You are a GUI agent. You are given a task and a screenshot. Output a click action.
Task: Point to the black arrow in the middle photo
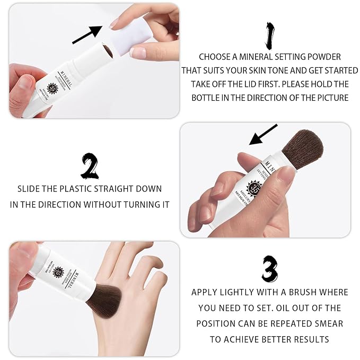click(263, 135)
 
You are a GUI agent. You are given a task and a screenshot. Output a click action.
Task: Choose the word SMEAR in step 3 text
click(329, 323)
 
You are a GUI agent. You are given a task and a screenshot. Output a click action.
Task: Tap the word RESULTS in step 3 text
click(310, 339)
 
